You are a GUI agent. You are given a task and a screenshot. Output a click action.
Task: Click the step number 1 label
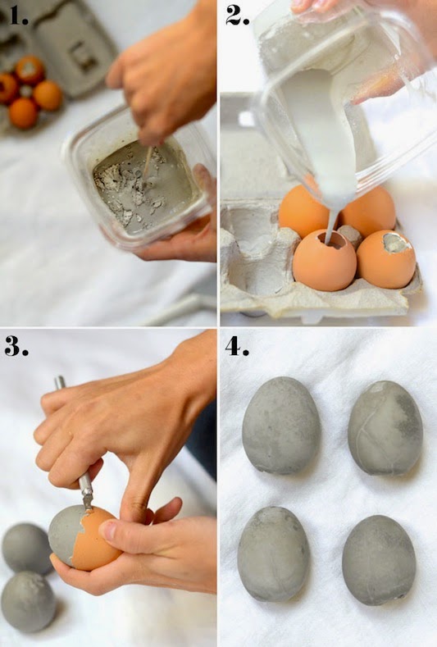pyautogui.click(x=19, y=16)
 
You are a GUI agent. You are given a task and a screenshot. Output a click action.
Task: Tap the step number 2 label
pyautogui.click(x=238, y=16)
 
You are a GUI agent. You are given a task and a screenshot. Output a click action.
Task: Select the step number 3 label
pyautogui.click(x=16, y=346)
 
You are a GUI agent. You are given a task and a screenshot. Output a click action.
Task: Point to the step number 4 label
pyautogui.click(x=237, y=346)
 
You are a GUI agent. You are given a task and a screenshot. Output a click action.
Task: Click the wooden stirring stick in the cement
pyautogui.click(x=147, y=162)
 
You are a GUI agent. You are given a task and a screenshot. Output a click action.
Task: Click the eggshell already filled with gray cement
pyautogui.click(x=386, y=259)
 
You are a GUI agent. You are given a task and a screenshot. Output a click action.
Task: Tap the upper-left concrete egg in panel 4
pyautogui.click(x=281, y=426)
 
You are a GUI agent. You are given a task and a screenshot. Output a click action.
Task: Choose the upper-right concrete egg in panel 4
pyautogui.click(x=385, y=428)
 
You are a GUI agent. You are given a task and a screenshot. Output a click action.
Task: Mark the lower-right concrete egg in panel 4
pyautogui.click(x=379, y=560)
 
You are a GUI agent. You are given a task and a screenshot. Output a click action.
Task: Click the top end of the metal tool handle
pyautogui.click(x=60, y=380)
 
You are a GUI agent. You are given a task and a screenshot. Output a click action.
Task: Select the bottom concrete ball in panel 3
pyautogui.click(x=28, y=602)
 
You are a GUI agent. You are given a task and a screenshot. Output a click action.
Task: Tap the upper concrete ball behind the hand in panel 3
pyautogui.click(x=27, y=549)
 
